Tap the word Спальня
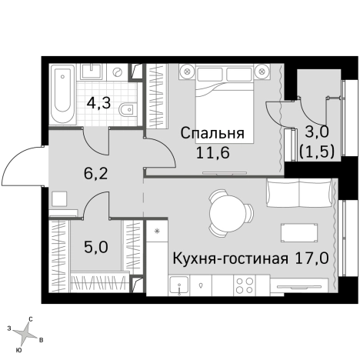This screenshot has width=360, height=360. coord(212,133)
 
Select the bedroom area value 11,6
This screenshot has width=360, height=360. coord(212,152)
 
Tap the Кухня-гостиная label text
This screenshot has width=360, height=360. coord(230,258)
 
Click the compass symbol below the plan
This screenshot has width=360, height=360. coord(25,332)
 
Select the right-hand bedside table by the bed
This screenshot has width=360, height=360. coord(263,72)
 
